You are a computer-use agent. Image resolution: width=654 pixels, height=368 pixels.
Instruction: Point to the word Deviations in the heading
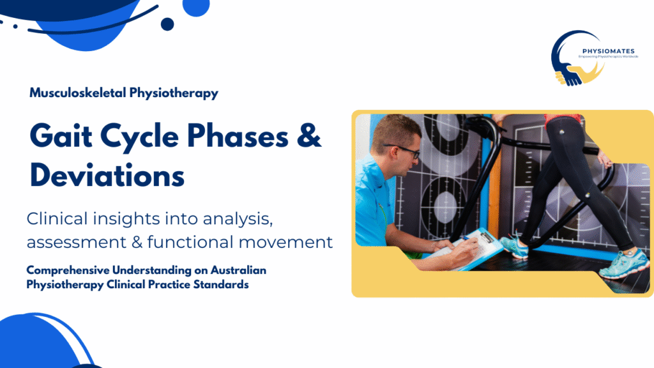point(107,174)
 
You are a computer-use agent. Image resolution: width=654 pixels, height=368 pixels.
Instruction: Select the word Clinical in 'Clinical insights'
point(56,219)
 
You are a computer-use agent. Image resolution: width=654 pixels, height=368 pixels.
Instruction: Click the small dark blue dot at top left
point(167,24)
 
